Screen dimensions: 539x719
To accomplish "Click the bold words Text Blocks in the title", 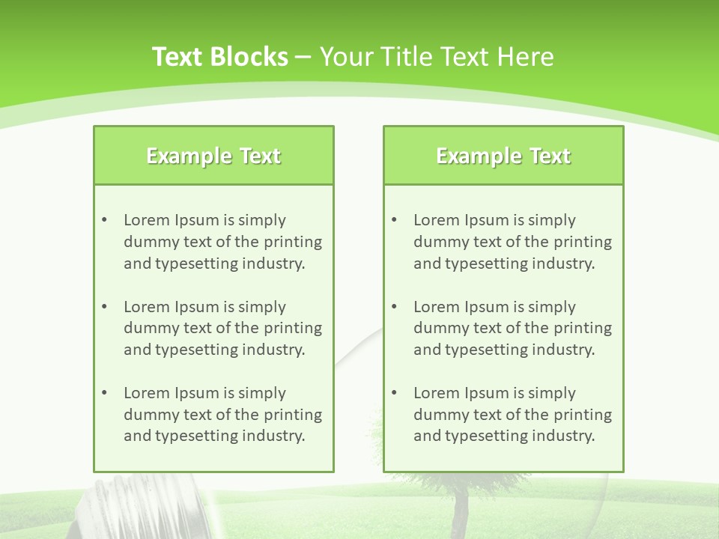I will [219, 57].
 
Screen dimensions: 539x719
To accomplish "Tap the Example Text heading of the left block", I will [213, 156].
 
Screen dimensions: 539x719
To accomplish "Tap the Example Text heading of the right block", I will [503, 156].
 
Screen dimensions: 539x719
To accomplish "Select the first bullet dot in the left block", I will [104, 220].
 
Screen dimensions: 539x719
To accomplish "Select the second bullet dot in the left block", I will [104, 307].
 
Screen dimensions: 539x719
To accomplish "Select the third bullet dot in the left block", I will [104, 393].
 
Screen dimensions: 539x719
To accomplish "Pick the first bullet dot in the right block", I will [394, 220].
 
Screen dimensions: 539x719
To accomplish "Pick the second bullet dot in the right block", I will [394, 307].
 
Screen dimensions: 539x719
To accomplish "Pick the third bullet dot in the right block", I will [394, 393].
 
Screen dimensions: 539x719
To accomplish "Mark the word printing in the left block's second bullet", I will [294, 328].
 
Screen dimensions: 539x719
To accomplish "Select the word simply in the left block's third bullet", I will [262, 393].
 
